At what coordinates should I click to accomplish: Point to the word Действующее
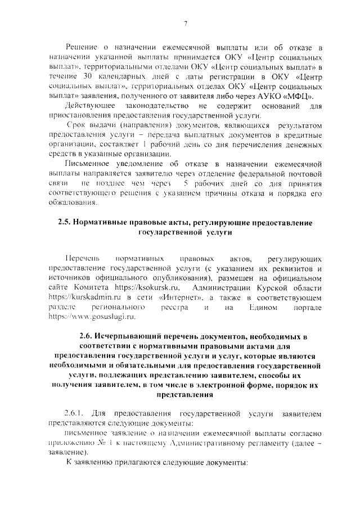[x=91, y=106]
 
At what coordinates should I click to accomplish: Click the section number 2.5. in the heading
[x=65, y=223]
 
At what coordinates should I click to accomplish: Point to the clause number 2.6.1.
[x=74, y=415]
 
